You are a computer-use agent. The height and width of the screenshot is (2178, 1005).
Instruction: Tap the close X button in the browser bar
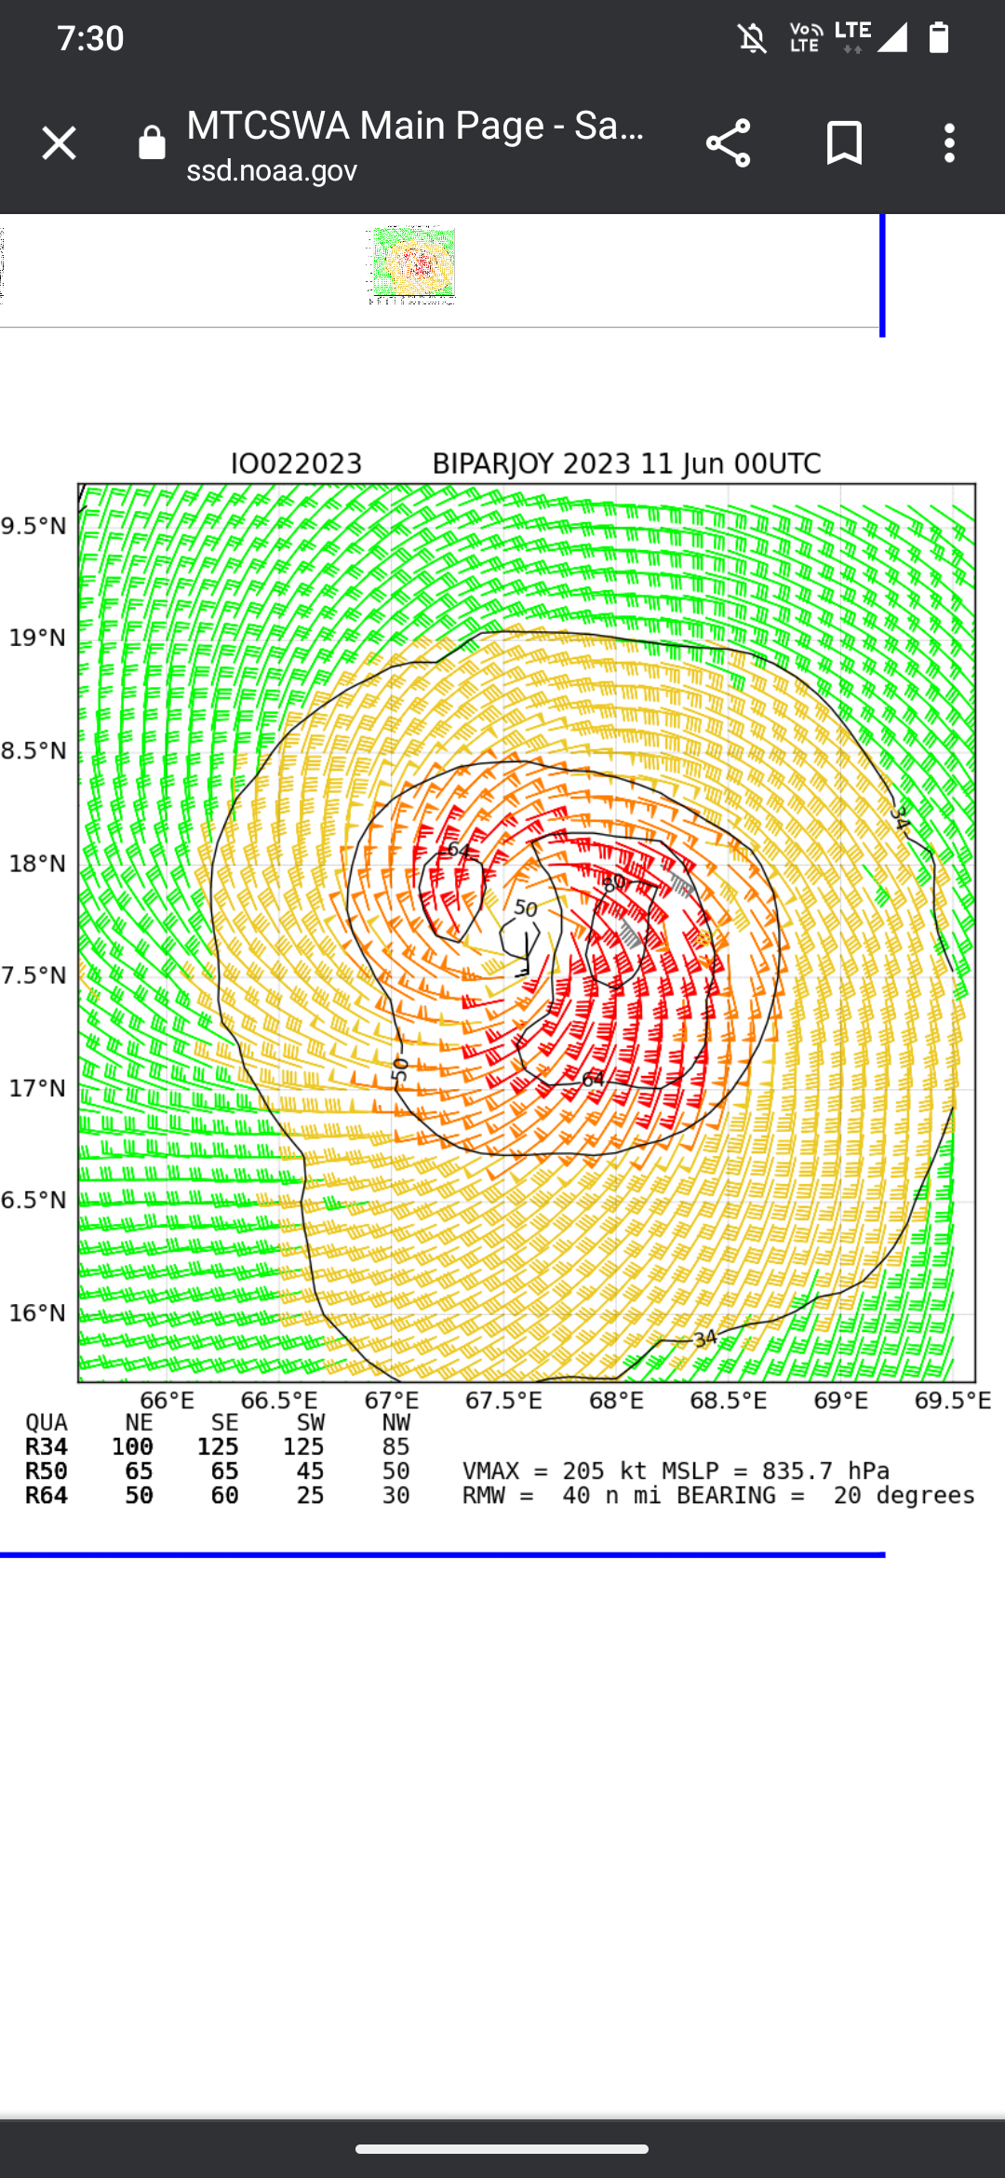(x=59, y=143)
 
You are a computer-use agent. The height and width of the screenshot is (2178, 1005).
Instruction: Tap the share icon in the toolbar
(x=728, y=143)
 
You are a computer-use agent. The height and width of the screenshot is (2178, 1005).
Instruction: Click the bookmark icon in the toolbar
(x=844, y=143)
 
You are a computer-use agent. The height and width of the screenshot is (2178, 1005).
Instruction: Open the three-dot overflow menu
(x=949, y=143)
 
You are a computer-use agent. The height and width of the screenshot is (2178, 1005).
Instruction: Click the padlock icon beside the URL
(x=152, y=143)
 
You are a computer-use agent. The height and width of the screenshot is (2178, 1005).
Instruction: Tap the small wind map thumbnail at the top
(x=413, y=265)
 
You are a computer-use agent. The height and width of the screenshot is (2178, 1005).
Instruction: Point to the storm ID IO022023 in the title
(x=296, y=464)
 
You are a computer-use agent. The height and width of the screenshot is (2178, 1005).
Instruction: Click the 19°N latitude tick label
(x=38, y=638)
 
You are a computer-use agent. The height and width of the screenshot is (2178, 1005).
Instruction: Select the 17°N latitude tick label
(x=38, y=1088)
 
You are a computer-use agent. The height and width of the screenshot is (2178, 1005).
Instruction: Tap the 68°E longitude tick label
(x=616, y=1401)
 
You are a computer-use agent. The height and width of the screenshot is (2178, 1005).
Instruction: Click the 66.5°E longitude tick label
(x=279, y=1401)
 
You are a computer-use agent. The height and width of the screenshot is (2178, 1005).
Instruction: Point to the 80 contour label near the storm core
(x=614, y=881)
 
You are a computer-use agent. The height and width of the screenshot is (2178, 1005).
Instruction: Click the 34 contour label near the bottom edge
(x=705, y=1338)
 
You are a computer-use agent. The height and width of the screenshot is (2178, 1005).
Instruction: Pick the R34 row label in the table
(x=47, y=1446)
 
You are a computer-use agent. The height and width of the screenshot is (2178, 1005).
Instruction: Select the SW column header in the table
(x=311, y=1423)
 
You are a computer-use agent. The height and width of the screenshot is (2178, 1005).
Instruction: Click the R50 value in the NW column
(x=396, y=1471)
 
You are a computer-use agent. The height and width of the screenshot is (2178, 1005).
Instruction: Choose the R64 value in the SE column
(x=224, y=1495)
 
